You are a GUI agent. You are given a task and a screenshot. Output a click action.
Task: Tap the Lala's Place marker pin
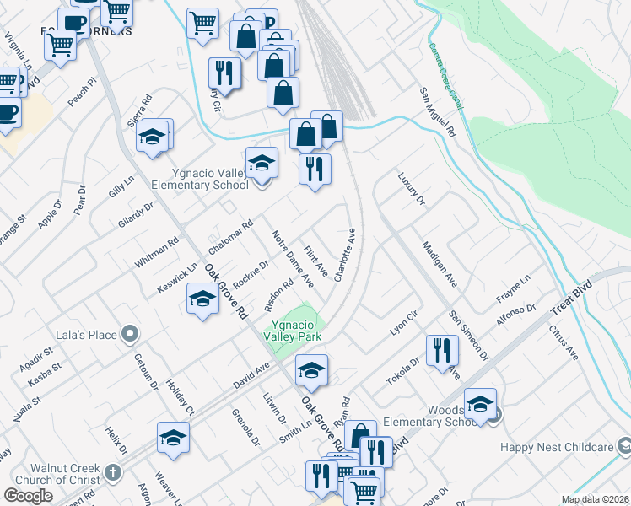129,336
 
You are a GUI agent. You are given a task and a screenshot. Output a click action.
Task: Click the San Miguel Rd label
438,113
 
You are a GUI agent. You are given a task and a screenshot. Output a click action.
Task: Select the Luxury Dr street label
412,190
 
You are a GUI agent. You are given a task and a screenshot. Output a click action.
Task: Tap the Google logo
29,496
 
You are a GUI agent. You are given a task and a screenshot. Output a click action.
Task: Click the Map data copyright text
596,499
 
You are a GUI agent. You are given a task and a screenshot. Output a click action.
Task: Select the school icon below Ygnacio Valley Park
311,370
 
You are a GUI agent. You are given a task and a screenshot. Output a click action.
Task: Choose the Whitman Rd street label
158,253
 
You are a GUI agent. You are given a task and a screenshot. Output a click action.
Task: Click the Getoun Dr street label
146,372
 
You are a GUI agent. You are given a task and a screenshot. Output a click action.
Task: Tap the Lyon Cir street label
403,320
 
